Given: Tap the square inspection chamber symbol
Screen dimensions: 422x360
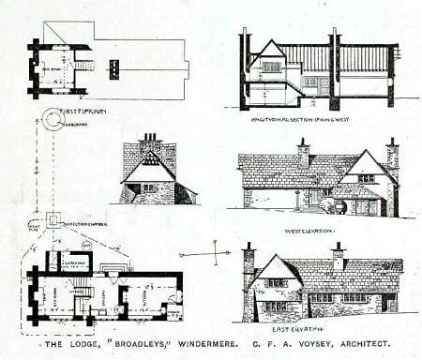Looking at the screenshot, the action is click(53, 221).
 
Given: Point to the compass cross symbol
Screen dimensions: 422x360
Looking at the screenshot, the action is click(217, 254).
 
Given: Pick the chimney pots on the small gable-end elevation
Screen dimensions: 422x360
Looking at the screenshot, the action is click(148, 138).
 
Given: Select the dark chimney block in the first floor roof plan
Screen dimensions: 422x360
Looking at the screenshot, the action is click(114, 68).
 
